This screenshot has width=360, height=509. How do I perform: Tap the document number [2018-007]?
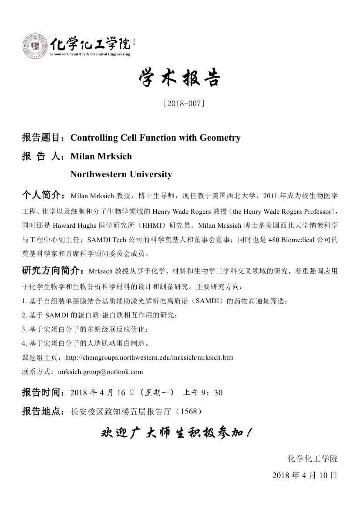click(183, 104)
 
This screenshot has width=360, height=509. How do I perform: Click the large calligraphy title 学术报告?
click(180, 79)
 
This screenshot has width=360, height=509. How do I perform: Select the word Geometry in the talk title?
click(220, 138)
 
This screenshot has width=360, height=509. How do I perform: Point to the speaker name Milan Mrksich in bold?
click(101, 156)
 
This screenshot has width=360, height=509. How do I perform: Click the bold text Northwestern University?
click(121, 175)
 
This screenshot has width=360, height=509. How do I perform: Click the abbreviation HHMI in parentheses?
click(135, 226)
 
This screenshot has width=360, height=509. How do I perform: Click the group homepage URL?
click(149, 357)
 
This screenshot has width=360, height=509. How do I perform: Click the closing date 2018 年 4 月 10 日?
click(305, 475)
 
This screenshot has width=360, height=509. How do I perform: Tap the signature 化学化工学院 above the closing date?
click(313, 459)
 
